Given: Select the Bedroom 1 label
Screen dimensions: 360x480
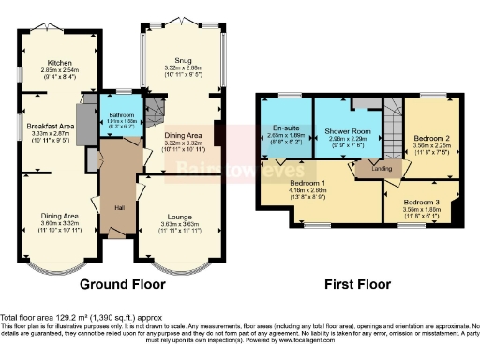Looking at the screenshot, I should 309,182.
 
